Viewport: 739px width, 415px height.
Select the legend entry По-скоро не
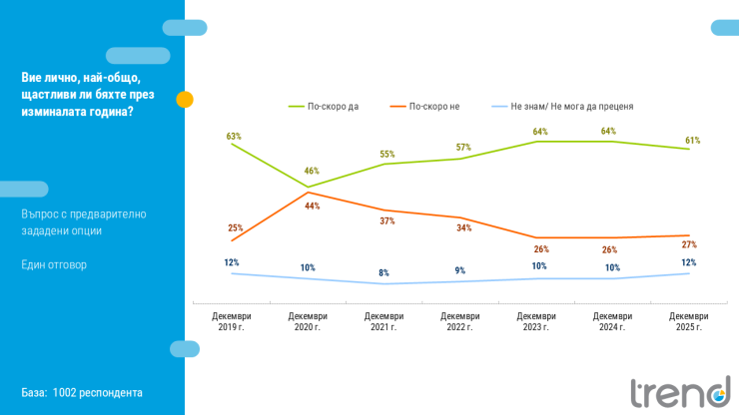pyautogui.click(x=433, y=105)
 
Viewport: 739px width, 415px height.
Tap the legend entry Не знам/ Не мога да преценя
pyautogui.click(x=571, y=105)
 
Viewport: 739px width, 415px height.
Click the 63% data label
pyautogui.click(x=234, y=136)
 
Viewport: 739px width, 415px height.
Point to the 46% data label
pyautogui.click(x=312, y=171)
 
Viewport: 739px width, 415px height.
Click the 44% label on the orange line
pyautogui.click(x=312, y=206)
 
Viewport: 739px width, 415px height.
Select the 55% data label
pyautogui.click(x=387, y=155)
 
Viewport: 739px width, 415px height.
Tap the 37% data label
pyautogui.click(x=386, y=220)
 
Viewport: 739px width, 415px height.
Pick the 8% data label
pyautogui.click(x=383, y=272)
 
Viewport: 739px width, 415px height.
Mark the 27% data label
pyautogui.click(x=689, y=244)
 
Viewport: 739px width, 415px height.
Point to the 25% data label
pyautogui.click(x=235, y=227)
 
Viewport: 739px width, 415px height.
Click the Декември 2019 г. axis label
pyautogui.click(x=232, y=321)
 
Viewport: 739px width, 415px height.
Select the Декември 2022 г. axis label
pyautogui.click(x=460, y=321)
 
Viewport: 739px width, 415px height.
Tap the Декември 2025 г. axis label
pyautogui.click(x=688, y=321)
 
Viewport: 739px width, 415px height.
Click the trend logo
pyautogui.click(x=679, y=392)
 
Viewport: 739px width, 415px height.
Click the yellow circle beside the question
pyautogui.click(x=185, y=99)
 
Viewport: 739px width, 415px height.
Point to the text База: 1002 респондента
pyautogui.click(x=82, y=392)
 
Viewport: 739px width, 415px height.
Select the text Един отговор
pyautogui.click(x=54, y=264)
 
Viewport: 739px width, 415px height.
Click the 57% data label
pyautogui.click(x=463, y=147)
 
